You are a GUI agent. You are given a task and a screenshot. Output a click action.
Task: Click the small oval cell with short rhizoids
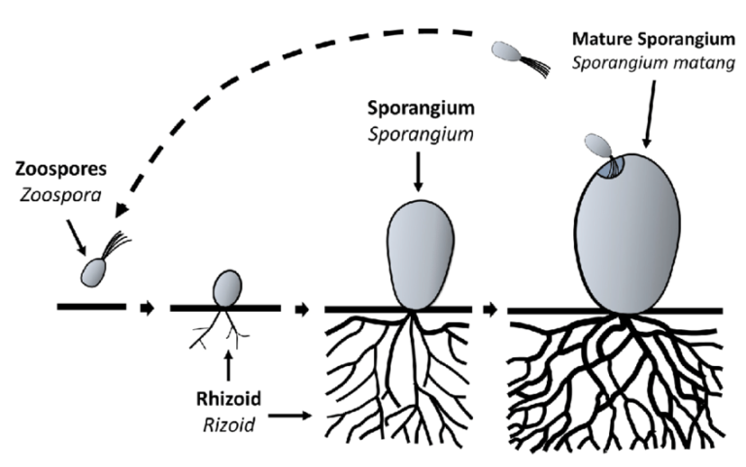(226, 287)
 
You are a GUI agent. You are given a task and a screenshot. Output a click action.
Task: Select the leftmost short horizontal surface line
(90, 308)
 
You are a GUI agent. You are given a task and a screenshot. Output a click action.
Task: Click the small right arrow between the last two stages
(494, 310)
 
